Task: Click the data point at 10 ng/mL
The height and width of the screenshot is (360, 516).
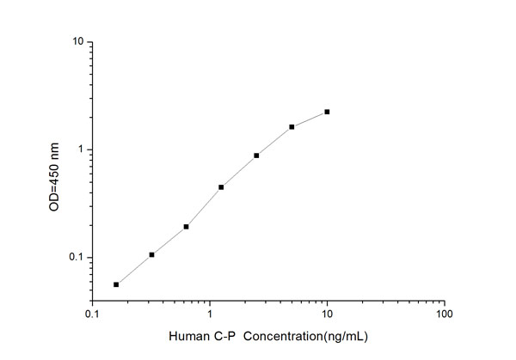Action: pyautogui.click(x=327, y=112)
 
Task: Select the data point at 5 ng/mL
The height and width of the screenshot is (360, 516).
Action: pyautogui.click(x=292, y=127)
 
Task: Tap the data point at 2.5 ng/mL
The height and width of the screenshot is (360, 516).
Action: pyautogui.click(x=256, y=156)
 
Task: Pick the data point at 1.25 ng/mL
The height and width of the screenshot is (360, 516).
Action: pyautogui.click(x=221, y=187)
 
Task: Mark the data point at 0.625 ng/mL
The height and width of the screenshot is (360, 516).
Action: pyautogui.click(x=186, y=227)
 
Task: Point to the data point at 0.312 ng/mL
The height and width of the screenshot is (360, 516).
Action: pyautogui.click(x=151, y=254)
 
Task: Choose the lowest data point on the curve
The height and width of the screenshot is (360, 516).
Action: pyautogui.click(x=116, y=284)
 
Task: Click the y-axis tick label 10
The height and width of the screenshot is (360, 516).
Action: pyautogui.click(x=77, y=42)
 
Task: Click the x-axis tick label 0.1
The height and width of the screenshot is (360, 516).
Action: pyautogui.click(x=92, y=314)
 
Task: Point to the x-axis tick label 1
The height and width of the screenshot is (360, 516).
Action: pyautogui.click(x=210, y=314)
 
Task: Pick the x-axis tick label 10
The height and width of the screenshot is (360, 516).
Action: pyautogui.click(x=327, y=314)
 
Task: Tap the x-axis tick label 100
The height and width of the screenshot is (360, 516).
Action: pyautogui.click(x=444, y=314)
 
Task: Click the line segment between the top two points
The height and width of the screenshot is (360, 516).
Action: pyautogui.click(x=310, y=119)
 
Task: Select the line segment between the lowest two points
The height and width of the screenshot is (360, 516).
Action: pyautogui.click(x=133, y=270)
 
